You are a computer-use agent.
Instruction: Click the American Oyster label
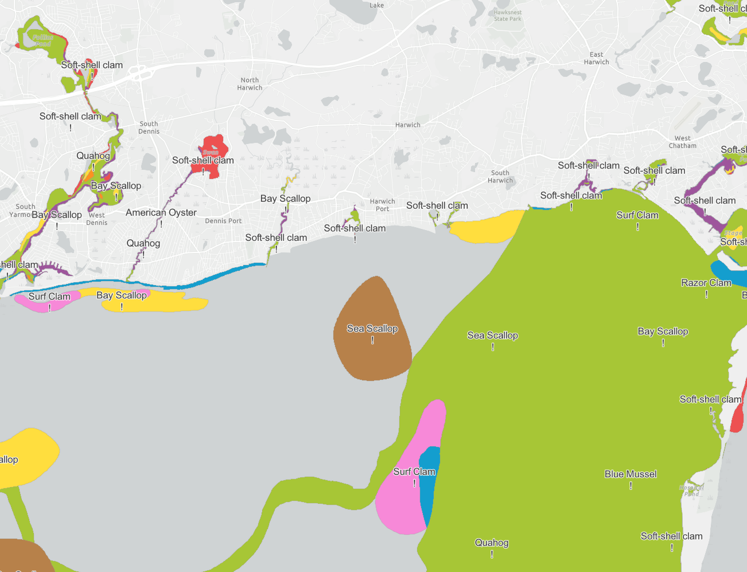(161, 213)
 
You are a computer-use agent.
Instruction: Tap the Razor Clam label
(706, 283)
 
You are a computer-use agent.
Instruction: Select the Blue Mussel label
(631, 474)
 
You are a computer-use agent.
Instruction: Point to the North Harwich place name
(250, 84)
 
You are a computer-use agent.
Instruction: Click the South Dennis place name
(149, 127)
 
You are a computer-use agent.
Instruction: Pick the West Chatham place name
(682, 142)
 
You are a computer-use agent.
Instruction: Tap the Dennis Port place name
(223, 221)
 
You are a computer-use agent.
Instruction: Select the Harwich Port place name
(382, 205)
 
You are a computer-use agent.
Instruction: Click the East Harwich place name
(596, 58)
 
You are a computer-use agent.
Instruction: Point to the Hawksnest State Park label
(508, 15)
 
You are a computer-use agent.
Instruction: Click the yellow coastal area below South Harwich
(488, 228)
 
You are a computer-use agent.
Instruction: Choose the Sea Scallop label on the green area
(492, 336)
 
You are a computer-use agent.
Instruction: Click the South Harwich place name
(500, 177)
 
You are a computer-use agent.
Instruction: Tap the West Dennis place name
(96, 219)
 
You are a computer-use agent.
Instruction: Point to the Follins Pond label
(42, 40)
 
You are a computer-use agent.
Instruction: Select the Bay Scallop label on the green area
(663, 332)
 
